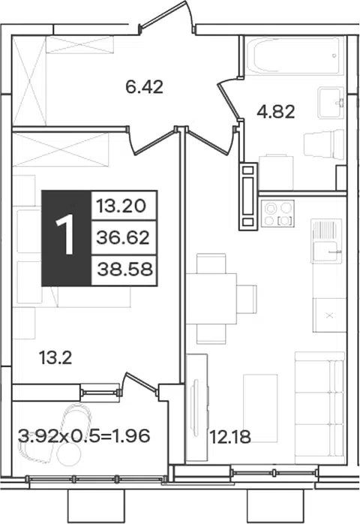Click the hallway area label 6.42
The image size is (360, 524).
tap(144, 87)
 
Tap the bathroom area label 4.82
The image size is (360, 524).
tap(276, 112)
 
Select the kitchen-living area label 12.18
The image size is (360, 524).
tap(230, 436)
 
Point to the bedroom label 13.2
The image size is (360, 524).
tap(55, 358)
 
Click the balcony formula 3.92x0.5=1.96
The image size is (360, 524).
tap(84, 435)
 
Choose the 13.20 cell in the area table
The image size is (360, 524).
tap(124, 206)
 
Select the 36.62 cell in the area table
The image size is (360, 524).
tap(124, 238)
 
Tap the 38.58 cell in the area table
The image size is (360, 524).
tap(124, 270)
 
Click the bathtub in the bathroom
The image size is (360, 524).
tap(295, 56)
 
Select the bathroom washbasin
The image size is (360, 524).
tap(331, 103)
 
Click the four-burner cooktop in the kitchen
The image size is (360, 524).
tap(277, 214)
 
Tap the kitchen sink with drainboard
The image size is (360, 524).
tap(326, 241)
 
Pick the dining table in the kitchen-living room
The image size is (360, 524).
tap(211, 299)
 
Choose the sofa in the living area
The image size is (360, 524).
tap(319, 408)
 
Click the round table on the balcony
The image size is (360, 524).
tap(69, 454)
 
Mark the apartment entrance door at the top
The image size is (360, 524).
tap(166, 17)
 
